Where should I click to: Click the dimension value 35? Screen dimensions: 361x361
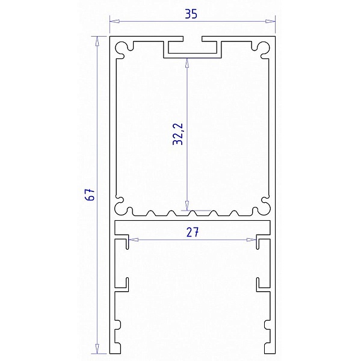[191, 14]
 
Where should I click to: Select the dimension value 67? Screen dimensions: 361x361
[90, 195]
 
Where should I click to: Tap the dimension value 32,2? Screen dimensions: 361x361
[177, 134]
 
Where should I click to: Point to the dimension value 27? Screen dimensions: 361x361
[193, 232]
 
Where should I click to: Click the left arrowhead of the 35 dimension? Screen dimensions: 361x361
[114, 21]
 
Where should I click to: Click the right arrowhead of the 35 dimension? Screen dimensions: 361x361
[270, 21]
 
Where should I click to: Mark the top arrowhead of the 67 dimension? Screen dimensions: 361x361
[97, 41]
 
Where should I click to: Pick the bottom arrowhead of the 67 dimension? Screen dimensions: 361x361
[97, 349]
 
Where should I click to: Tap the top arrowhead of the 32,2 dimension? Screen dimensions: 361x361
[187, 63]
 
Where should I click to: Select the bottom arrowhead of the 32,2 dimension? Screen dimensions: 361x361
[187, 205]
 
